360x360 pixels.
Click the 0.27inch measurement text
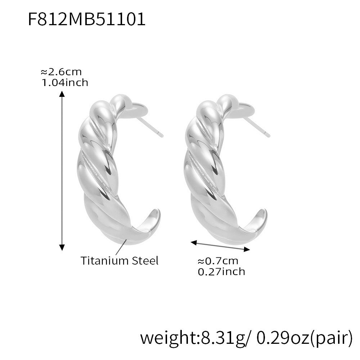point(221,271)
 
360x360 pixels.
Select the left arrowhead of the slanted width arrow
point(194,242)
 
